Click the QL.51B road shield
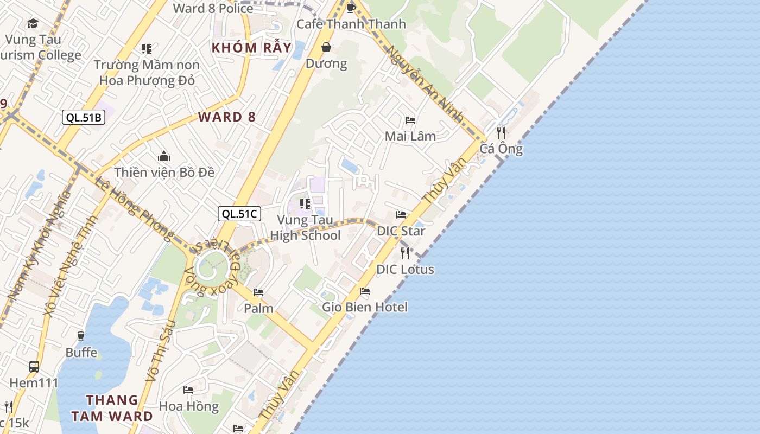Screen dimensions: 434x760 pyautogui.click(x=83, y=117)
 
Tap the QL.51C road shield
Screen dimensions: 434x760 pyautogui.click(x=239, y=214)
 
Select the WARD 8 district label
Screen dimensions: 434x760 pyautogui.click(x=226, y=117)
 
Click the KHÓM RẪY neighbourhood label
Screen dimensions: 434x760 pyautogui.click(x=251, y=47)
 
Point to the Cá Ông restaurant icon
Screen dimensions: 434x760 pyautogui.click(x=501, y=132)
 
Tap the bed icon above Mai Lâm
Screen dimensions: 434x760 pyautogui.click(x=410, y=120)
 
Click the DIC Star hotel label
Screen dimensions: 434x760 pyautogui.click(x=401, y=231)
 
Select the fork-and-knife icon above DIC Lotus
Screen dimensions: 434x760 pyautogui.click(x=405, y=253)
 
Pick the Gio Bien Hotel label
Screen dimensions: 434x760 pyautogui.click(x=365, y=307)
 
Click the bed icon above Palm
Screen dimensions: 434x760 pyautogui.click(x=258, y=292)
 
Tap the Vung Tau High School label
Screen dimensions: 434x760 pyautogui.click(x=305, y=227)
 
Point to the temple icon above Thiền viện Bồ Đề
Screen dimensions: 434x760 pyautogui.click(x=164, y=157)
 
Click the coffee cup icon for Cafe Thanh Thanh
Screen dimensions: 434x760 pyautogui.click(x=351, y=8)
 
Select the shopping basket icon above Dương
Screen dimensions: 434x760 pyautogui.click(x=326, y=47)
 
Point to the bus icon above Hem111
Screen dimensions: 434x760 pyautogui.click(x=34, y=366)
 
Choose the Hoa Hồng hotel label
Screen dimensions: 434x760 pyautogui.click(x=188, y=406)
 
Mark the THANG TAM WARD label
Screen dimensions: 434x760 pyautogui.click(x=112, y=408)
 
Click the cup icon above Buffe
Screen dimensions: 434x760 pyautogui.click(x=81, y=336)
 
